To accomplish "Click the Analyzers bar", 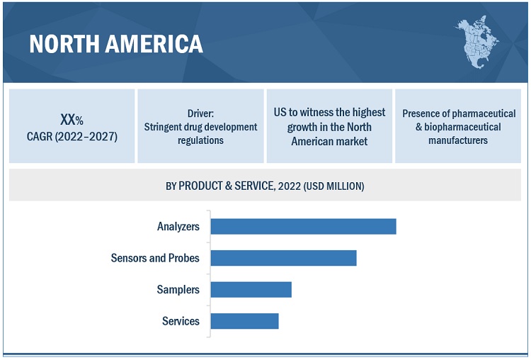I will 303,227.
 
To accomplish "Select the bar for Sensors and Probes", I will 283,258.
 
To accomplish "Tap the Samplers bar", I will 251,289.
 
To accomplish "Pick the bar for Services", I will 244,321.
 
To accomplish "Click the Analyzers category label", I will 178,227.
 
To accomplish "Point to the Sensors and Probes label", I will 155,258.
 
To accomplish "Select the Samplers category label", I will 178,289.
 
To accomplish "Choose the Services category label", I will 181,321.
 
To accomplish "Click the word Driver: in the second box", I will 200,113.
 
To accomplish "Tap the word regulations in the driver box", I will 200,140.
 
